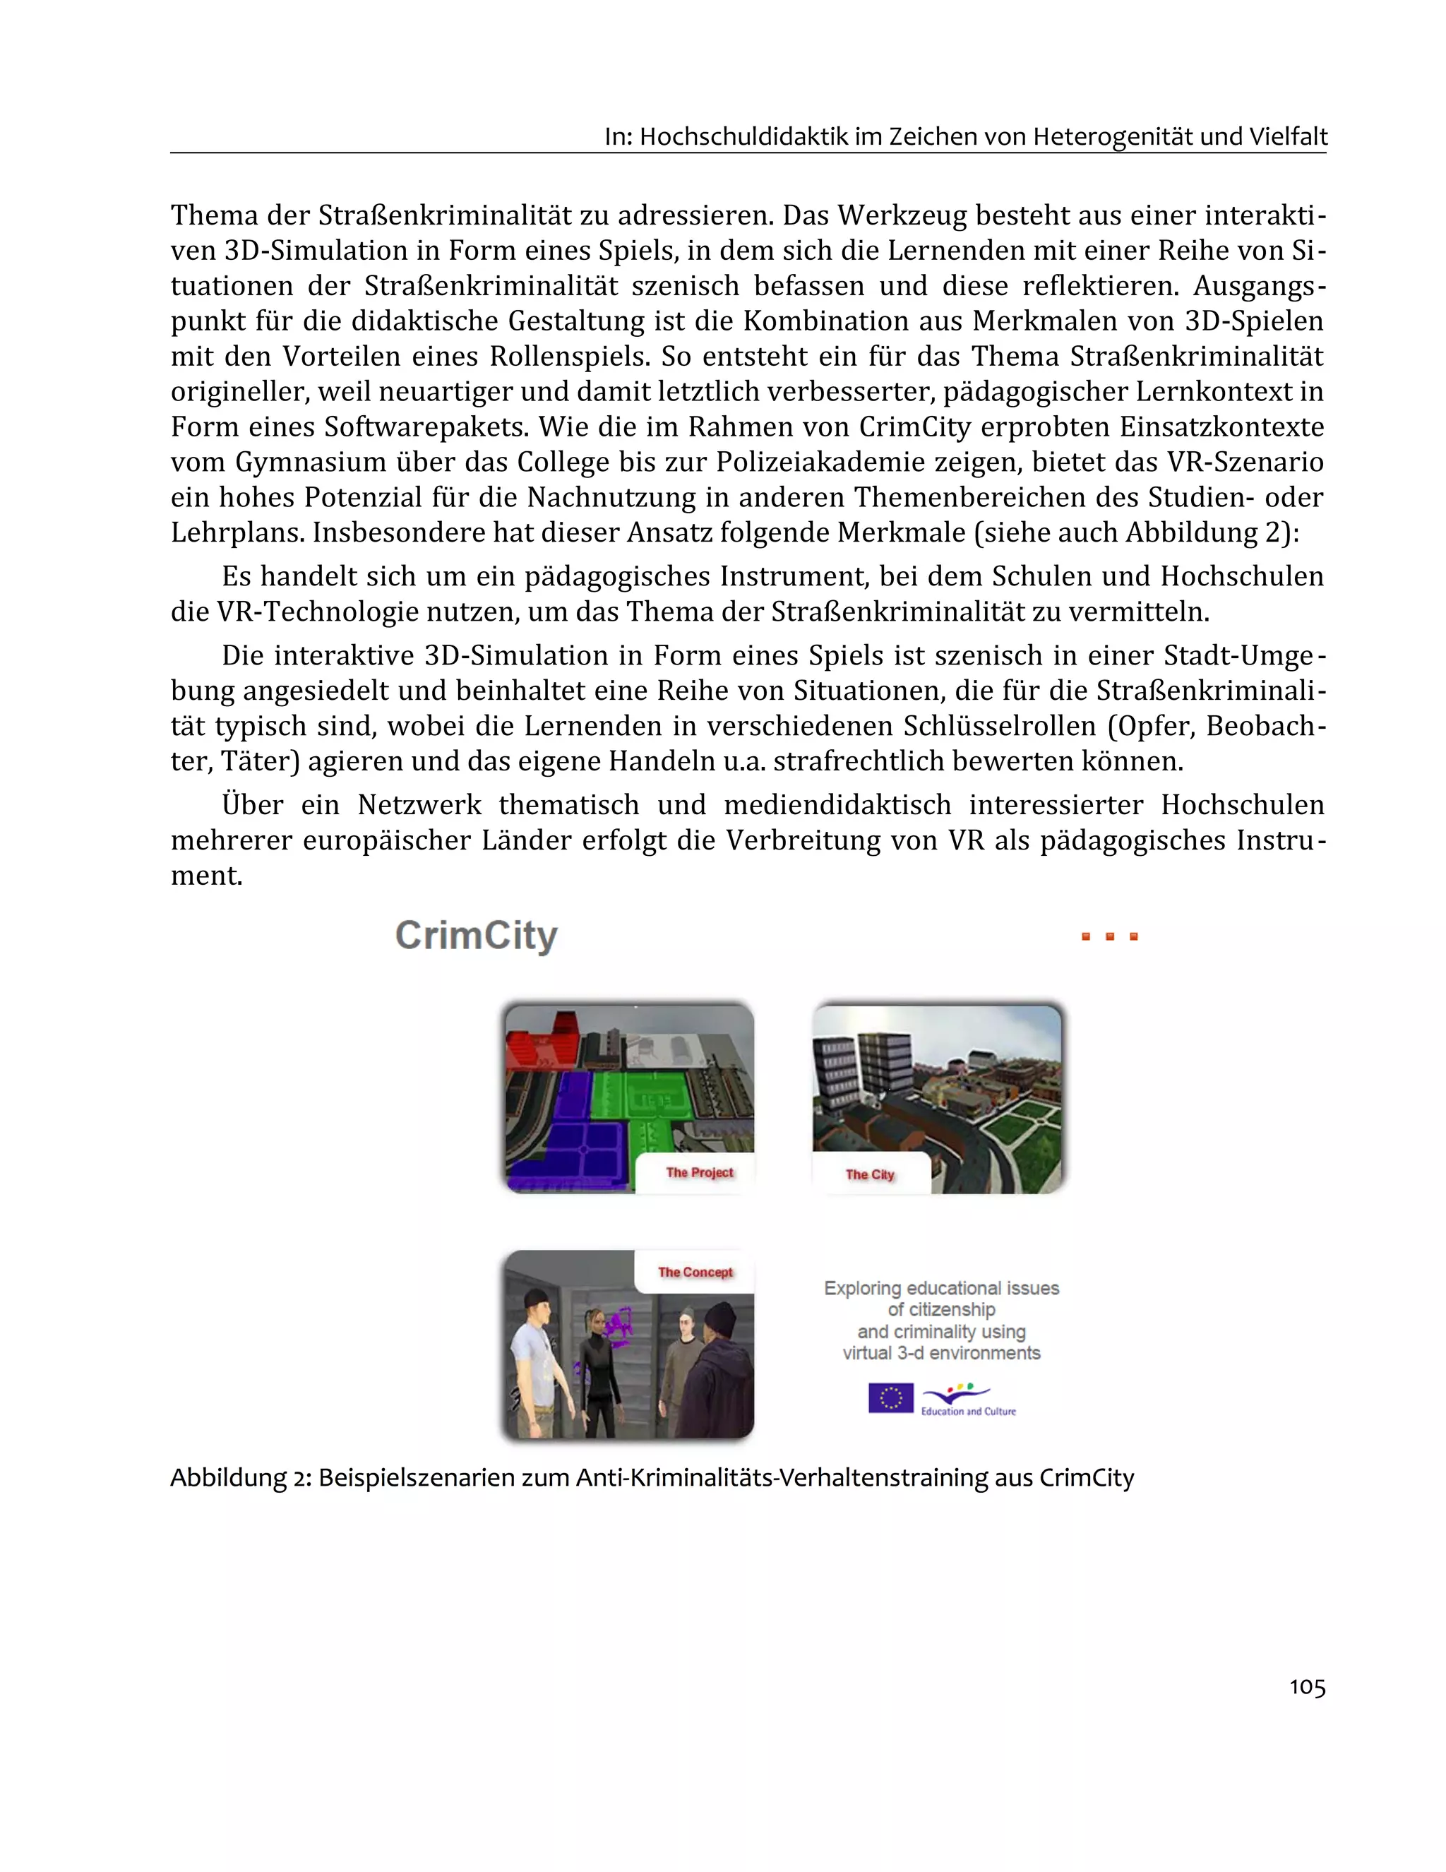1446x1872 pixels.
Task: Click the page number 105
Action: [1306, 1687]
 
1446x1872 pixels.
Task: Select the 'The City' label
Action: [869, 1174]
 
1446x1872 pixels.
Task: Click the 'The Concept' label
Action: [695, 1272]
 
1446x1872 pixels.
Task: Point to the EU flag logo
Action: [890, 1398]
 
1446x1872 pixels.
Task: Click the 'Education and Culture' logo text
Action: [968, 1411]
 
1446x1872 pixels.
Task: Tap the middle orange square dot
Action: [1109, 937]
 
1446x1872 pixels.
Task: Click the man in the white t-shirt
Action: [536, 1363]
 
